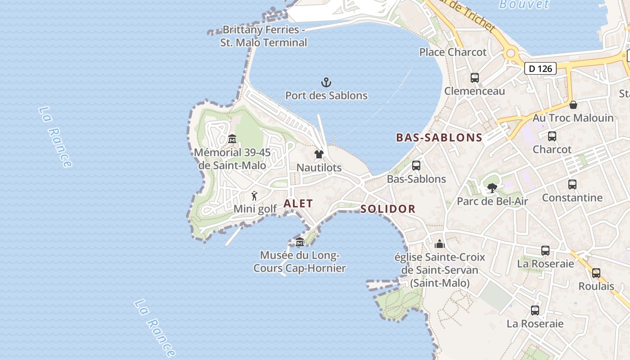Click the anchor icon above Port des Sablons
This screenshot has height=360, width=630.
click(x=326, y=82)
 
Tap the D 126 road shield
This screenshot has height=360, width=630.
click(x=540, y=68)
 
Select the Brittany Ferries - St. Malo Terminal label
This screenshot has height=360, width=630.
click(x=264, y=36)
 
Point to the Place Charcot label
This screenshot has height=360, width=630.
click(x=453, y=52)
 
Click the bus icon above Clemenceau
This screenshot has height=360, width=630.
click(x=475, y=78)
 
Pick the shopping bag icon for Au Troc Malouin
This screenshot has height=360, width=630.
click(x=573, y=105)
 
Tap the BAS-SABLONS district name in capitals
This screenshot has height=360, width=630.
click(x=439, y=138)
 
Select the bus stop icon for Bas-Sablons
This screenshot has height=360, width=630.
click(x=416, y=166)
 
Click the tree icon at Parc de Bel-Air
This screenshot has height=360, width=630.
click(x=492, y=188)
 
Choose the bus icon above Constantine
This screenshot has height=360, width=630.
click(x=572, y=184)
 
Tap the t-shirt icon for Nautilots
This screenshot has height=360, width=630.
click(x=319, y=154)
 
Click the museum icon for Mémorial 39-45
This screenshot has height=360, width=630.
click(x=232, y=139)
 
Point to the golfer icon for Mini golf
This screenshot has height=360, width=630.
click(x=255, y=196)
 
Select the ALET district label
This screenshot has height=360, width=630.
click(x=298, y=203)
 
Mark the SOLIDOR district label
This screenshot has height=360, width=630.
click(x=388, y=209)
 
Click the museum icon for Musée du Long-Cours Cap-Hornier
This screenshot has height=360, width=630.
click(x=300, y=243)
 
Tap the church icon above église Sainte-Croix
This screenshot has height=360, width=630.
click(x=440, y=244)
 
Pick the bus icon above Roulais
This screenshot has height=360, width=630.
click(x=596, y=273)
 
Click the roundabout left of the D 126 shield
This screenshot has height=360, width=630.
click(x=511, y=54)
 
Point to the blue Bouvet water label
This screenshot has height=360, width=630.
click(x=524, y=4)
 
